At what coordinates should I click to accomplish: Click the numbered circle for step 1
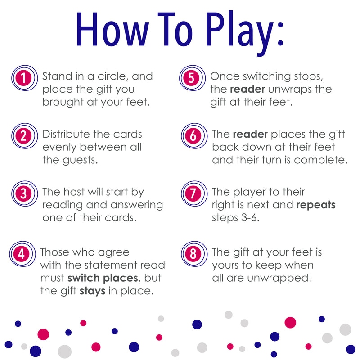pos(25,78)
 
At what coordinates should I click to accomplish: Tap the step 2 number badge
pos(25,136)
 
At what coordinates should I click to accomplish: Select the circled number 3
pos(25,193)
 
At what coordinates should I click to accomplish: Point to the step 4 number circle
pos(22,254)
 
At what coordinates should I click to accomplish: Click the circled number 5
pos(193,78)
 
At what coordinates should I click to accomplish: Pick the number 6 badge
pos(194,136)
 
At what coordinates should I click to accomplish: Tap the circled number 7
pos(194,193)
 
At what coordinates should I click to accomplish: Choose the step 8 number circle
pos(194,254)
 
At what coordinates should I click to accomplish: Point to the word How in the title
pos(112,29)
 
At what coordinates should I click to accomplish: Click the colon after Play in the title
pos(280,34)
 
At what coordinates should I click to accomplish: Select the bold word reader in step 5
pos(247,89)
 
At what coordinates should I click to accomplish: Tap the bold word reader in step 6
pos(250,134)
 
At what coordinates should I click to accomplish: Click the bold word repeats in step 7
pos(316,205)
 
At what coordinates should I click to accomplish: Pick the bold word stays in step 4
pos(93,291)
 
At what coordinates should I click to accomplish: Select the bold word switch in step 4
pos(84,278)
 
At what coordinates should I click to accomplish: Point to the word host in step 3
pos(74,192)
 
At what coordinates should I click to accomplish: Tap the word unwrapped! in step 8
pos(279,278)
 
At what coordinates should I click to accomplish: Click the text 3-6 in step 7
pos(250,218)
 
